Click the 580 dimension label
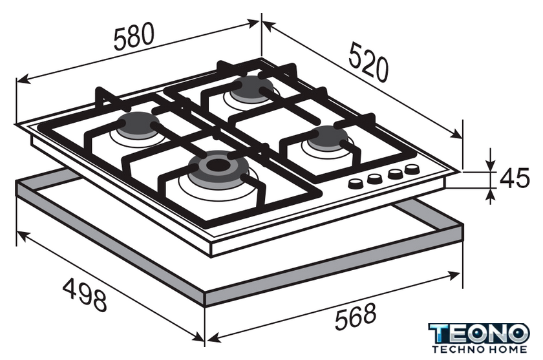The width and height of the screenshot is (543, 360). pyautogui.click(x=133, y=36)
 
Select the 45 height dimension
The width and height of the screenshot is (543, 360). pyautogui.click(x=515, y=178)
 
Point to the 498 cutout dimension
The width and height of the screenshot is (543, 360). pyautogui.click(x=85, y=295)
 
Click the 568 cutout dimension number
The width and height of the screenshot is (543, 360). pyautogui.click(x=356, y=316)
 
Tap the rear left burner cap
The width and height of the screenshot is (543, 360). pyautogui.click(x=138, y=125)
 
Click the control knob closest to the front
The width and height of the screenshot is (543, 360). pyautogui.click(x=356, y=183)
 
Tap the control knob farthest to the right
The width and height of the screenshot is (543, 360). pyautogui.click(x=412, y=169)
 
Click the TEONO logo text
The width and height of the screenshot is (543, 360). pyautogui.click(x=479, y=334)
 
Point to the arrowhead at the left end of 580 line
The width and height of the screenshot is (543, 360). pyautogui.click(x=23, y=79)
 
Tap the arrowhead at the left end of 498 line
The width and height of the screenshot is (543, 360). pyautogui.click(x=23, y=236)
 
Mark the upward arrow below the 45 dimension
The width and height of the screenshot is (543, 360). pyautogui.click(x=490, y=195)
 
